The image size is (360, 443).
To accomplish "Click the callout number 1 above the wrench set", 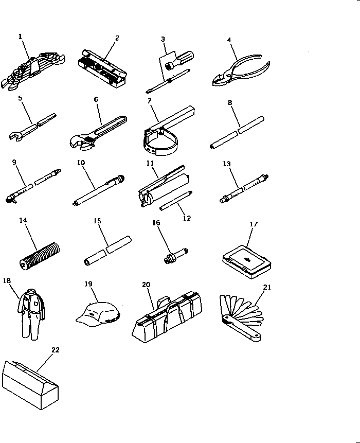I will [21, 37].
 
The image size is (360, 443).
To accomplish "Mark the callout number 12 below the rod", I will [187, 218].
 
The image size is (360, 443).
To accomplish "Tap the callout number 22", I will [56, 350].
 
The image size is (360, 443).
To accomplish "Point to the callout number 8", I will [230, 102].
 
